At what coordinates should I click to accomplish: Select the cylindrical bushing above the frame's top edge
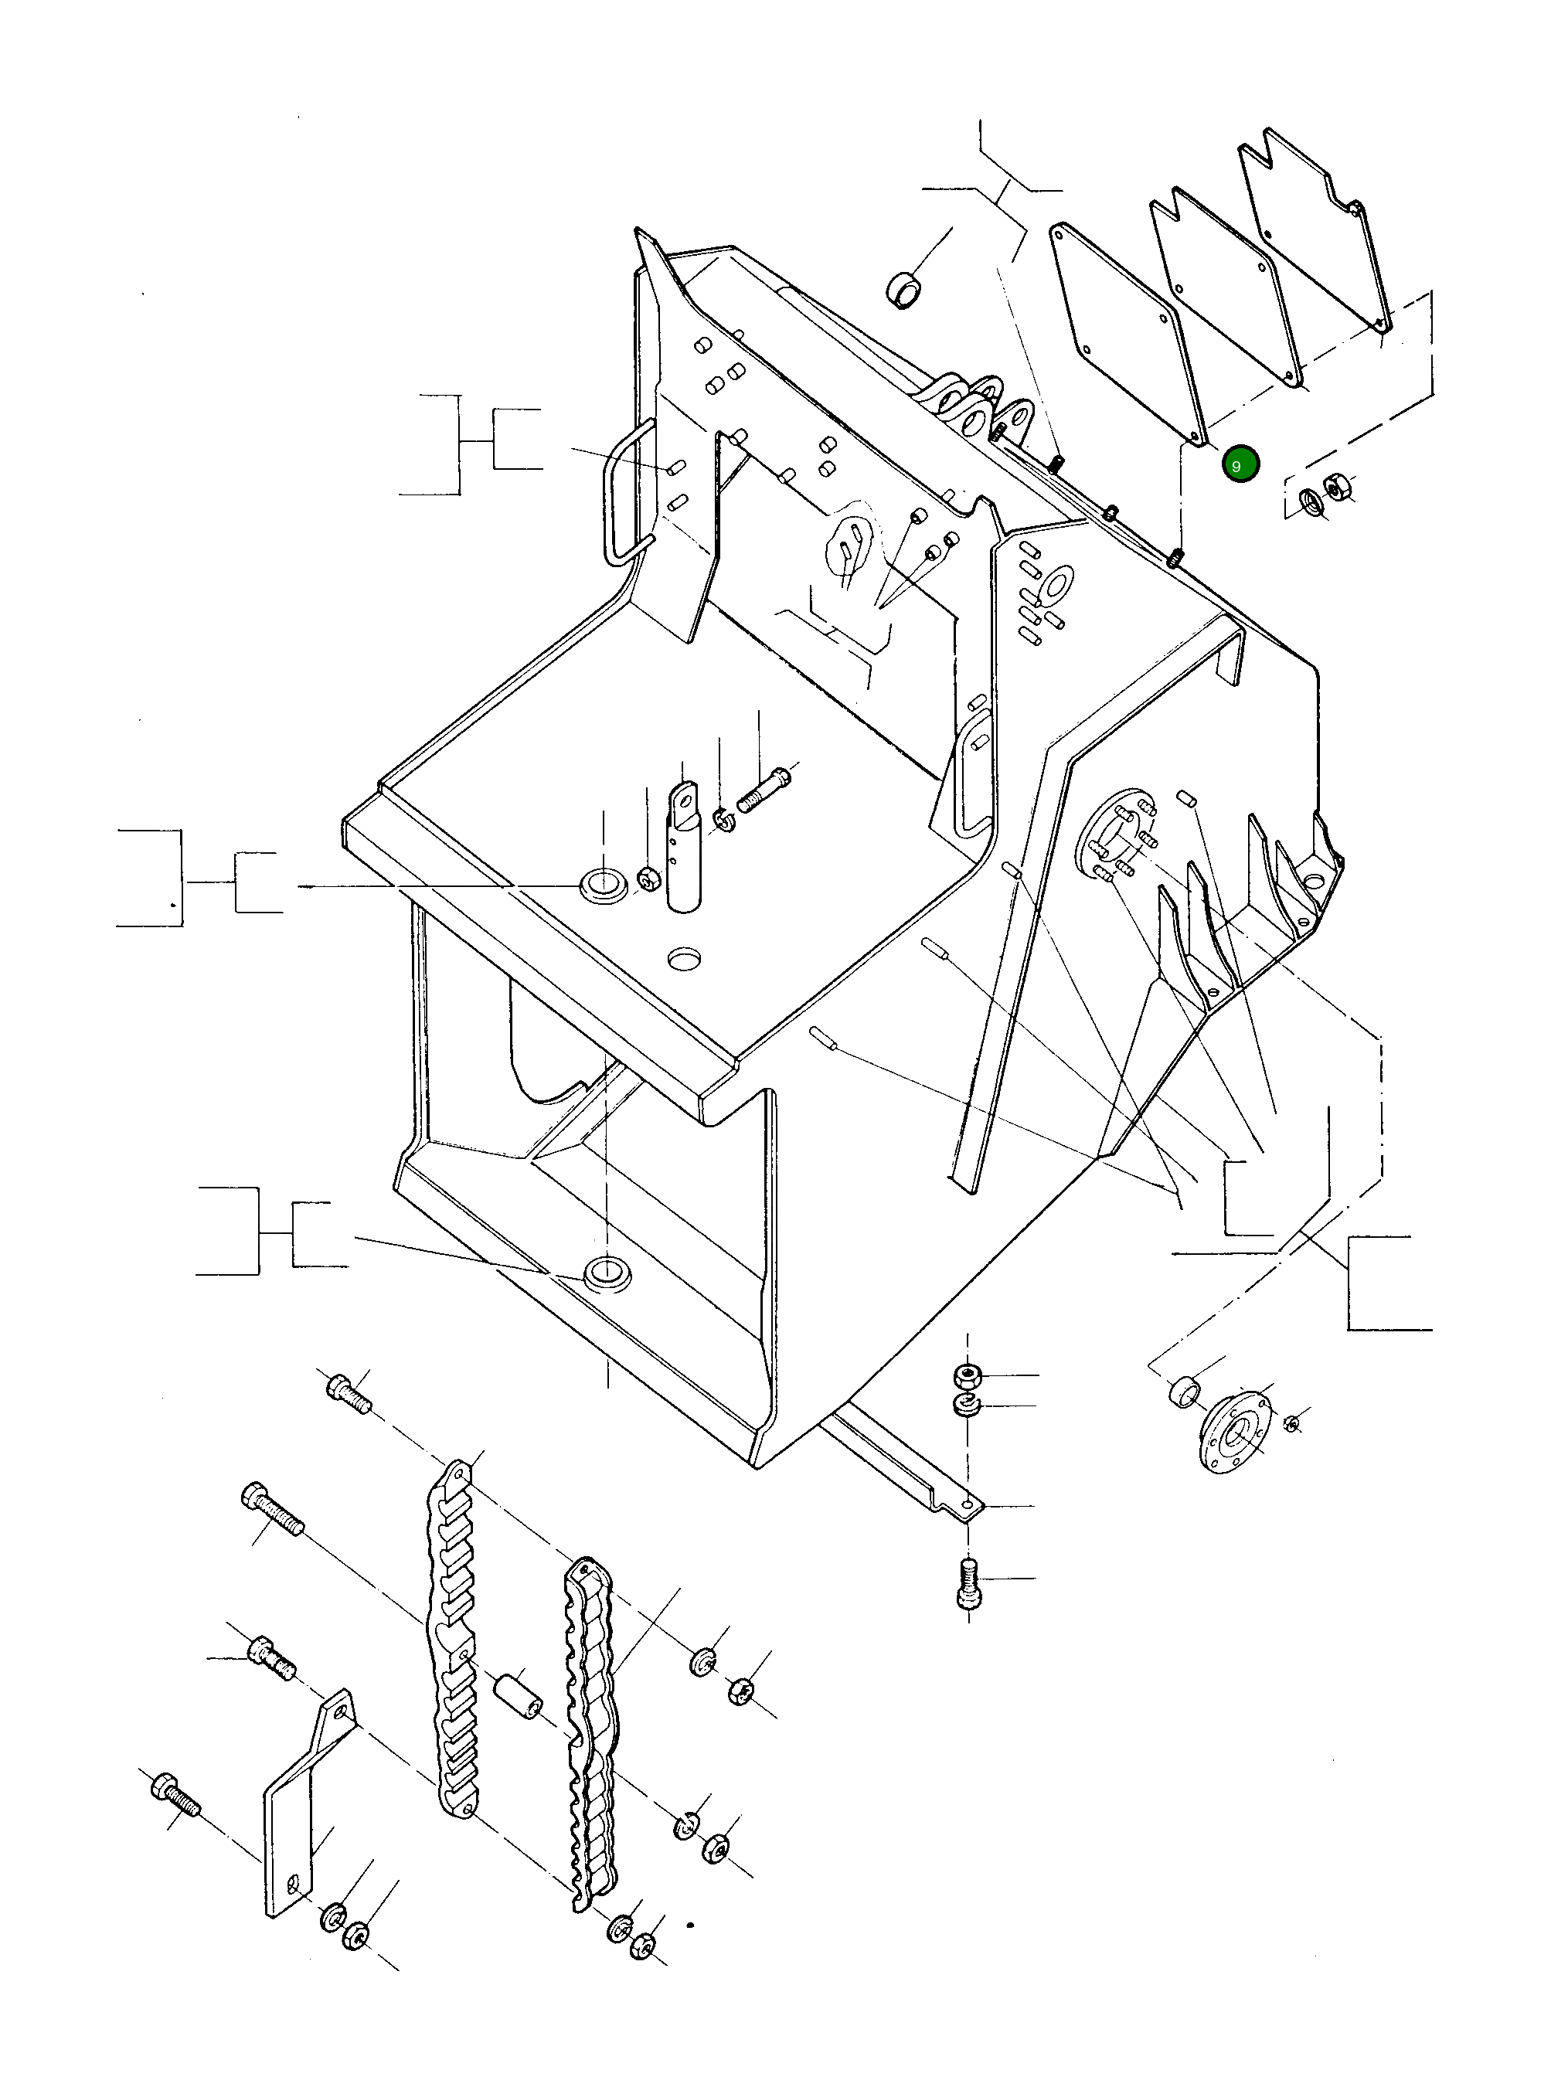pyautogui.click(x=903, y=290)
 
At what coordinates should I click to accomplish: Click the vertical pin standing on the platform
pyautogui.click(x=683, y=850)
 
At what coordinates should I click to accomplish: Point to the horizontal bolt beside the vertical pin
pyautogui.click(x=765, y=790)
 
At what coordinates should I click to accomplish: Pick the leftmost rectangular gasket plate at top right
pyautogui.click(x=1127, y=333)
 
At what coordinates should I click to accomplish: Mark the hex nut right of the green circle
pyautogui.click(x=1335, y=486)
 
